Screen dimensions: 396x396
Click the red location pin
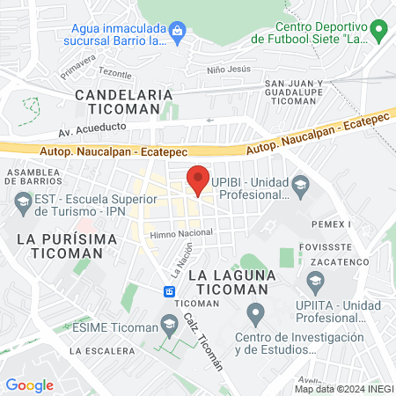point(198,180)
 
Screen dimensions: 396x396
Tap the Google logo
point(29,385)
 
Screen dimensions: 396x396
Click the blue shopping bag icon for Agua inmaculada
point(179,33)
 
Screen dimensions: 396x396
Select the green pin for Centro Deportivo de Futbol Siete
point(379,33)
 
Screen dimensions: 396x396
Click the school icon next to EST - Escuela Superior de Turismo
point(22,206)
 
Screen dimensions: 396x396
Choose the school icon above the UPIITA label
point(315,282)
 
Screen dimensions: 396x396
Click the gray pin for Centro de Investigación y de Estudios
point(255,312)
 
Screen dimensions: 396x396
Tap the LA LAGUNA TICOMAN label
point(238,281)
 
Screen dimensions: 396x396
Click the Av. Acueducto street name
point(92,128)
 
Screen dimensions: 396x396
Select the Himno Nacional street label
point(181,233)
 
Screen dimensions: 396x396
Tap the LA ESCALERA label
point(99,350)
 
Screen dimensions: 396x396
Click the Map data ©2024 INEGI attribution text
point(343,388)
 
